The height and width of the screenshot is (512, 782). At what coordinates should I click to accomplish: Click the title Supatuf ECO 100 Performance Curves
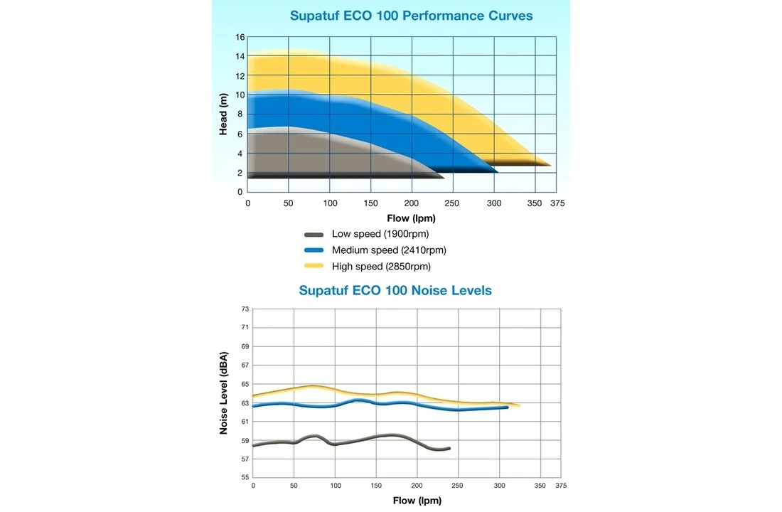pyautogui.click(x=411, y=16)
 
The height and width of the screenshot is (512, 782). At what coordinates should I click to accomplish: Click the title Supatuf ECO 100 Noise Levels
pyautogui.click(x=395, y=290)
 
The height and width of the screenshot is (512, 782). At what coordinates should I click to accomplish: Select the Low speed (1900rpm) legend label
pyautogui.click(x=380, y=234)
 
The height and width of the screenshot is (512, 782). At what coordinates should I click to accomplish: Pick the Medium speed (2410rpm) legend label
pyautogui.click(x=389, y=250)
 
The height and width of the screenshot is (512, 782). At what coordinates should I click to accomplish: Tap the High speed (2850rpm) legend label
pyautogui.click(x=381, y=267)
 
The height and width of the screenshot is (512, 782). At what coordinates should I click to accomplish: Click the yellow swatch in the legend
pyautogui.click(x=314, y=267)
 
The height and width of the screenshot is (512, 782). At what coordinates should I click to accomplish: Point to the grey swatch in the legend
pyautogui.click(x=314, y=234)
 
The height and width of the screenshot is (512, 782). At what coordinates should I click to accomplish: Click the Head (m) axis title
pyautogui.click(x=223, y=114)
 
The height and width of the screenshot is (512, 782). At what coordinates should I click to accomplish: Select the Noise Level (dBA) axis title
pyautogui.click(x=224, y=393)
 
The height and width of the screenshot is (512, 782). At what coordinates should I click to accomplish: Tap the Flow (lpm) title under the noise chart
pyautogui.click(x=417, y=501)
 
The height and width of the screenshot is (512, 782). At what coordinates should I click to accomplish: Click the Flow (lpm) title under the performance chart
pyautogui.click(x=411, y=218)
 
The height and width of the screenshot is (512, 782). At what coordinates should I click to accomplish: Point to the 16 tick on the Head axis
pyautogui.click(x=240, y=37)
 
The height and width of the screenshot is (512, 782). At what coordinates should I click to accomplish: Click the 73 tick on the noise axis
pyautogui.click(x=245, y=309)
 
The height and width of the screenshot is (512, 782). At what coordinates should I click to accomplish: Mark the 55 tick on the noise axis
pyautogui.click(x=245, y=477)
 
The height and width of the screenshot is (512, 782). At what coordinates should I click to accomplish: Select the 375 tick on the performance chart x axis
pyautogui.click(x=557, y=203)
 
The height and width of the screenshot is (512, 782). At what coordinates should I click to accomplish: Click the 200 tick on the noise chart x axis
pyautogui.click(x=417, y=486)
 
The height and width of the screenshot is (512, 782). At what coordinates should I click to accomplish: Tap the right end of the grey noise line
pyautogui.click(x=449, y=449)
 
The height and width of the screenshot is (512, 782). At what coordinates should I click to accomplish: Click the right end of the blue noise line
pyautogui.click(x=507, y=407)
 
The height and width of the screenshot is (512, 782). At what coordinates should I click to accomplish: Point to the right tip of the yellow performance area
pyautogui.click(x=550, y=165)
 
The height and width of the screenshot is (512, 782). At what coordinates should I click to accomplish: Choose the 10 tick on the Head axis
pyautogui.click(x=240, y=95)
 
